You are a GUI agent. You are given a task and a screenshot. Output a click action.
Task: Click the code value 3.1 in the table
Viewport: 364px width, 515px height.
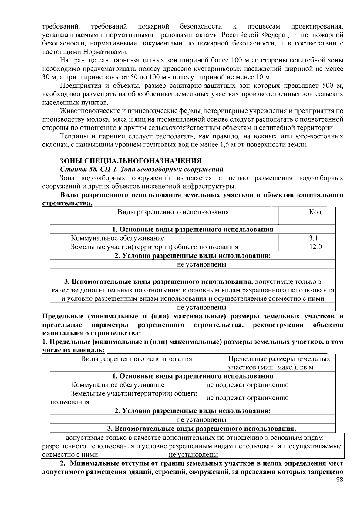point(315,238)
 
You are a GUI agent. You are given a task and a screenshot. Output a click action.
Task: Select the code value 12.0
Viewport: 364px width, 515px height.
point(315,247)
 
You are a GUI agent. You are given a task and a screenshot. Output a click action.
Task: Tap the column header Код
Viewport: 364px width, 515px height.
point(315,212)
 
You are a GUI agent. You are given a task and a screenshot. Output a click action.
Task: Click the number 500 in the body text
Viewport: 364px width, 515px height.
point(328,86)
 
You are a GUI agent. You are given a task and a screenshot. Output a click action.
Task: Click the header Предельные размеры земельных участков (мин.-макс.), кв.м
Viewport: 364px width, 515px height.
point(279,363)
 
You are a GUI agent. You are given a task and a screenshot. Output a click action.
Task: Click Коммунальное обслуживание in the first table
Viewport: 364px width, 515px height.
point(118,238)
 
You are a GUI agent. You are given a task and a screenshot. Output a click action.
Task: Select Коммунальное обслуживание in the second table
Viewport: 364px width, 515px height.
point(118,385)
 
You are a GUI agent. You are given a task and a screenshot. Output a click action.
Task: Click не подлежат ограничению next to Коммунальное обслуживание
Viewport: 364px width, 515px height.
point(248,385)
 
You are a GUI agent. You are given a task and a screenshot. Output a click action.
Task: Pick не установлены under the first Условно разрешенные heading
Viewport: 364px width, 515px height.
point(201,264)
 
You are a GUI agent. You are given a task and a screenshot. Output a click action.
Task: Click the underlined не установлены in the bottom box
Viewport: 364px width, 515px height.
point(193,455)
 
